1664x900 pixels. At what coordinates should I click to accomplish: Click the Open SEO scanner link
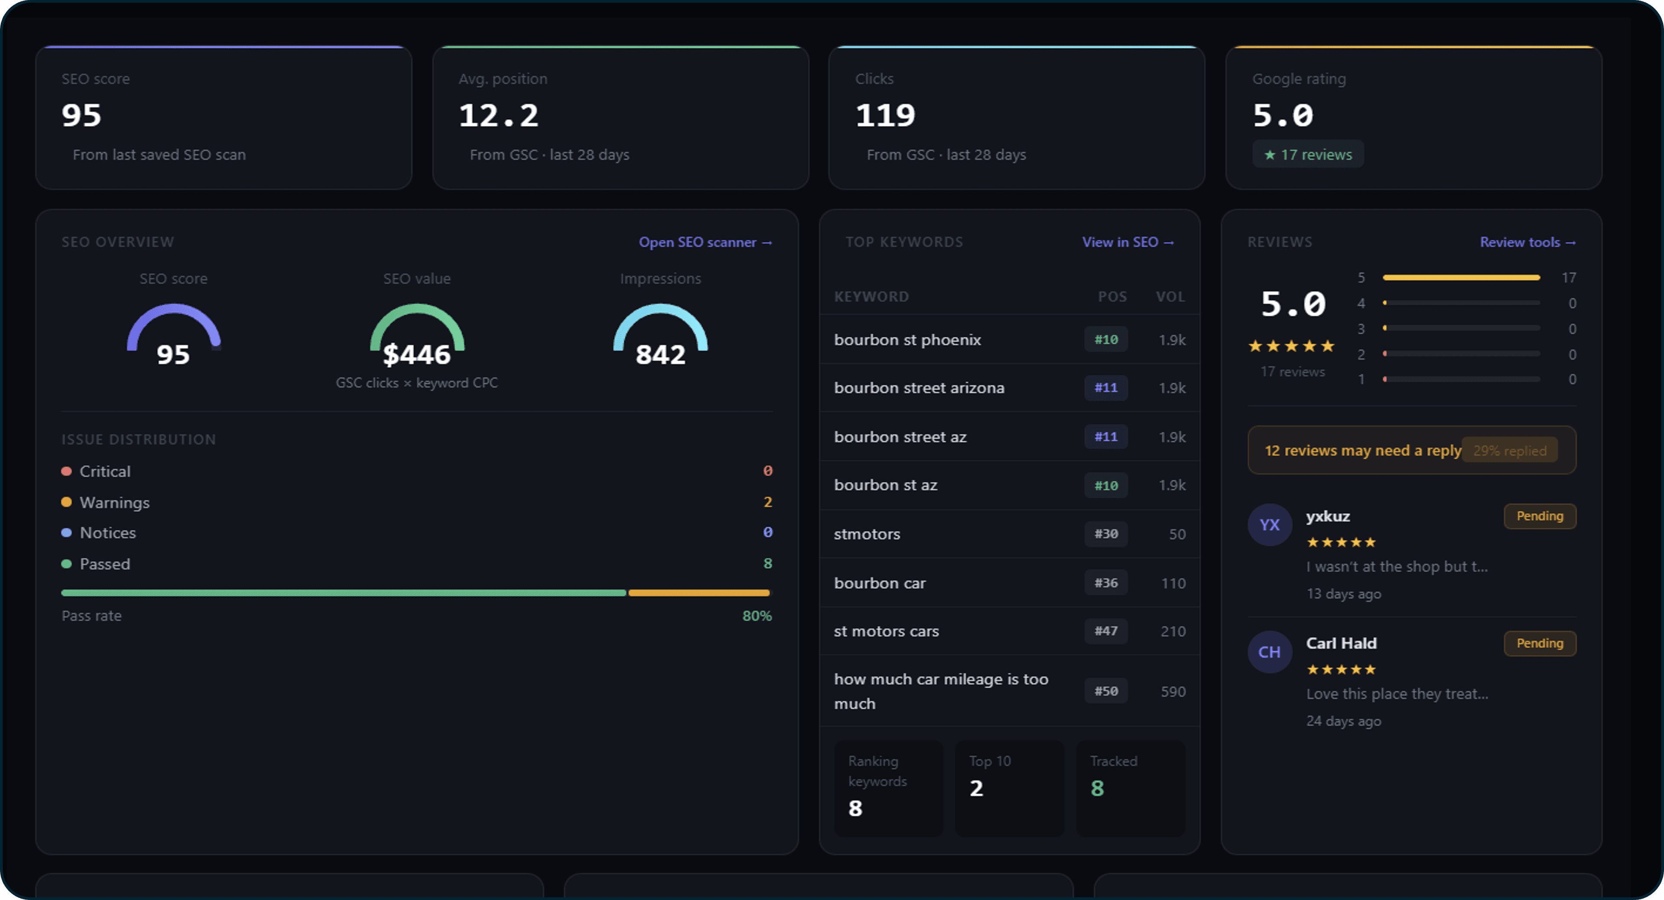pos(705,242)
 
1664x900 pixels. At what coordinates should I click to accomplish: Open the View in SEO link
pos(1127,242)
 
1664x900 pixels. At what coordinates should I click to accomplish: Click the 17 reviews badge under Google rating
pos(1308,154)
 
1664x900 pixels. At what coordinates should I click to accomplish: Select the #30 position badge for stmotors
pos(1106,534)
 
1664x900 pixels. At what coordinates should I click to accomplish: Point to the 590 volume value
pos(1173,692)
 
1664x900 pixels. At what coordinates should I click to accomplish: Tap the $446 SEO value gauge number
pos(416,355)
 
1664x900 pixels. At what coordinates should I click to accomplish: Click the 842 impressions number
pos(660,355)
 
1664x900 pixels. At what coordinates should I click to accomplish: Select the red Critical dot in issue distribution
pos(66,471)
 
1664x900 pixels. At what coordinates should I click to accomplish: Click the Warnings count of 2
pos(767,502)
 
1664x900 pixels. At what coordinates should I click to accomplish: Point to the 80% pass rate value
pos(757,616)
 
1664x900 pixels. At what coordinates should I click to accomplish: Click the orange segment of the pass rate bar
pos(699,593)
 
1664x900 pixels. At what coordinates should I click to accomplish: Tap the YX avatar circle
pos(1269,525)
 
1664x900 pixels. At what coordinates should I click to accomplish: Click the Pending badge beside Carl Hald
pos(1539,643)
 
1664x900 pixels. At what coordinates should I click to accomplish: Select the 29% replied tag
pos(1510,450)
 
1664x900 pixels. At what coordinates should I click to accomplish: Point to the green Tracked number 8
pos(1097,788)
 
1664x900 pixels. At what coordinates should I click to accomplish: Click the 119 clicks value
pos(885,116)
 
